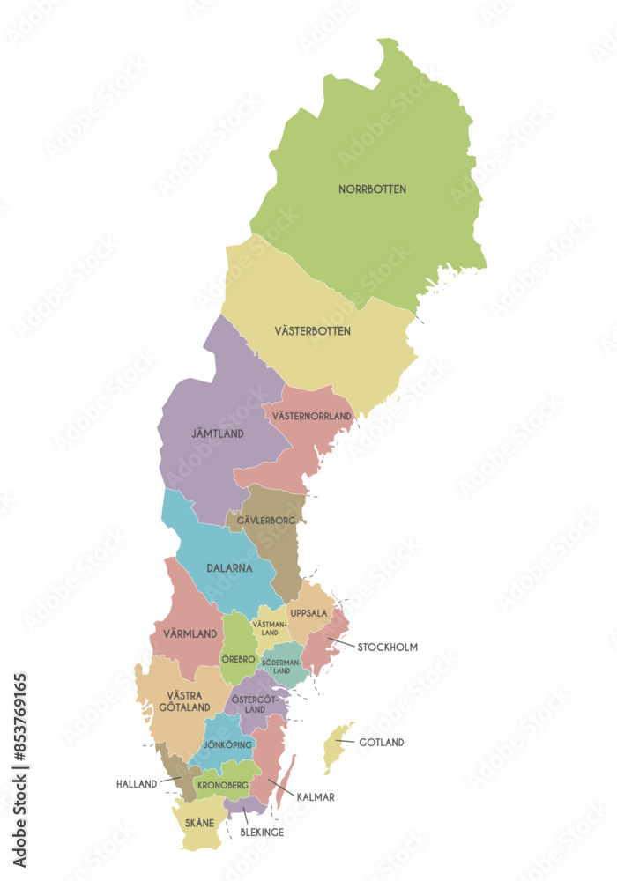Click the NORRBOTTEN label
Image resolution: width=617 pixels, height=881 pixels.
tap(372, 189)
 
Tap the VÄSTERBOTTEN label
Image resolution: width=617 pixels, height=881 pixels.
tap(312, 331)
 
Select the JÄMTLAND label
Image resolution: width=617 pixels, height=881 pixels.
tap(218, 434)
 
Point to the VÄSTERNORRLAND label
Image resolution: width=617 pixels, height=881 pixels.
tap(312, 416)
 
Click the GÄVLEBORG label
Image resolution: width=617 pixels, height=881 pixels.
tap(264, 521)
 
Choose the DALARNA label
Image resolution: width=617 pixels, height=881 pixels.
tap(229, 569)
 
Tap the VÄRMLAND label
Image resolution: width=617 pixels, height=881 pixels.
tap(190, 633)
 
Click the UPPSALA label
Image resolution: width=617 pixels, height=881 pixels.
tap(308, 613)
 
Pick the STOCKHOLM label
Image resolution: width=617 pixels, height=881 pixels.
tap(387, 647)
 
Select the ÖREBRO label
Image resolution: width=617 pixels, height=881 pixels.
tap(238, 659)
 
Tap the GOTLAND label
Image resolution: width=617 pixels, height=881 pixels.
tap(381, 743)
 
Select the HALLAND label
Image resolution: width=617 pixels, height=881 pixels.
tap(137, 783)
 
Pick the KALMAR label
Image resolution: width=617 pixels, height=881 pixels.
tap(316, 797)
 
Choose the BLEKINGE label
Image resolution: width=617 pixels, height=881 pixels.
tap(263, 832)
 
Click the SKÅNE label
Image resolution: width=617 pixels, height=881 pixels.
tap(200, 823)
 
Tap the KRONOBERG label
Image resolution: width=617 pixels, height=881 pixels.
tap(222, 785)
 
